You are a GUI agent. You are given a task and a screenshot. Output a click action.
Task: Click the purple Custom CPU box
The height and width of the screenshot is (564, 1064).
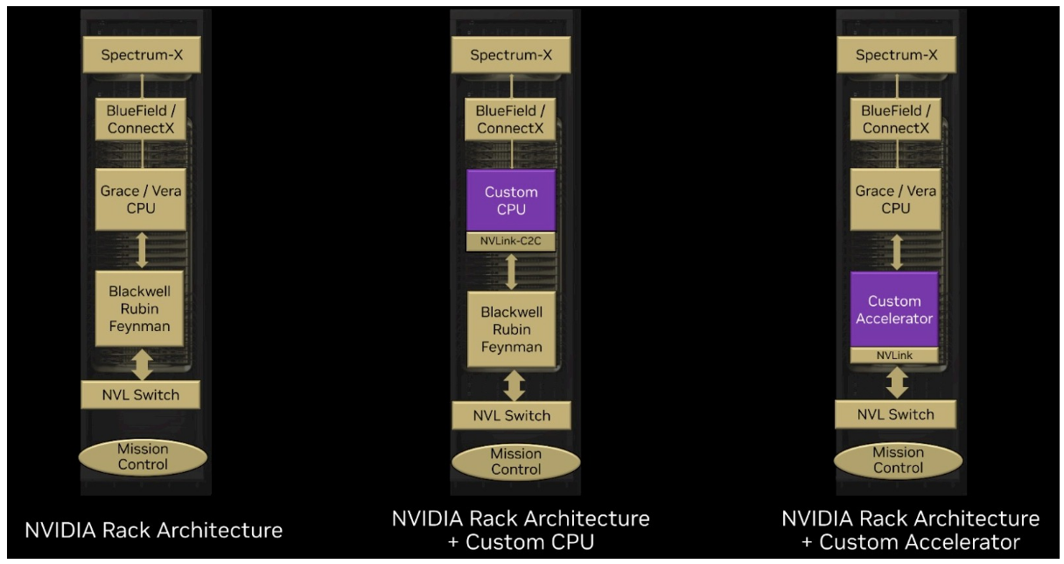point(511,199)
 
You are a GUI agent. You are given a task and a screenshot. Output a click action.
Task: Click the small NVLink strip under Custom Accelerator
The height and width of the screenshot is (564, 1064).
point(893,356)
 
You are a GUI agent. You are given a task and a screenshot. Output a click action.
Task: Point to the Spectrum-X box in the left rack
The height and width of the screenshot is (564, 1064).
point(142,58)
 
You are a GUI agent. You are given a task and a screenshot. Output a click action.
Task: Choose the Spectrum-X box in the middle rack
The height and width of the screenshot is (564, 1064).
point(511,58)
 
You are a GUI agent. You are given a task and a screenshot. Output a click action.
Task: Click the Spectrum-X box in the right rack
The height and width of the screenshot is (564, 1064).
point(893,58)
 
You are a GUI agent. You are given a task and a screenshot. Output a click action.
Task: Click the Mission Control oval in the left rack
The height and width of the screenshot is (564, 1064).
point(142,456)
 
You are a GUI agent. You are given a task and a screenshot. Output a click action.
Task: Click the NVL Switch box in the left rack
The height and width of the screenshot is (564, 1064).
point(142,394)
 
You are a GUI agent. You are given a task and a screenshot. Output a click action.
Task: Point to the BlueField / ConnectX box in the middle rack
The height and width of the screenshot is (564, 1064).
point(511,120)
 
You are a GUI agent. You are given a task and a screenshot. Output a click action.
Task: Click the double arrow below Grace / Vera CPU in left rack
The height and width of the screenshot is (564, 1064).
point(142,249)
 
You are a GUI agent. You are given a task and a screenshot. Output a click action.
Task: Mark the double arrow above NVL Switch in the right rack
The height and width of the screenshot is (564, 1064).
point(893,383)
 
